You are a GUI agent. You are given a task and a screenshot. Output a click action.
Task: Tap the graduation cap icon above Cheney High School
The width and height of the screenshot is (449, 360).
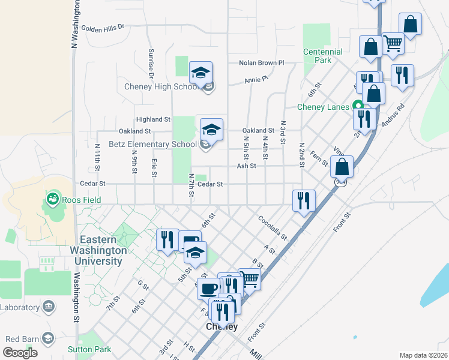click(201, 73)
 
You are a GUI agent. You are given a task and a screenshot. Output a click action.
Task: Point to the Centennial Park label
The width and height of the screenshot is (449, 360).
click(323, 56)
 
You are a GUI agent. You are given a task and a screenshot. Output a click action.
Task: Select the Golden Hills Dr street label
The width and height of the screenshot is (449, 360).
click(102, 27)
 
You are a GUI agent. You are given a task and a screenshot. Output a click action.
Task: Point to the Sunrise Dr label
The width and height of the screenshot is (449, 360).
click(151, 64)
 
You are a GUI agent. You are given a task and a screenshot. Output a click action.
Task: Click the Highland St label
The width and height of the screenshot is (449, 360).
click(154, 119)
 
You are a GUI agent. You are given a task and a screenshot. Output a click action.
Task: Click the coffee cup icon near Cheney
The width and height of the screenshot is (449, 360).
click(208, 289)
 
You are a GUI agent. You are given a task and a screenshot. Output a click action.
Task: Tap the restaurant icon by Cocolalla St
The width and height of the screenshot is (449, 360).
click(304, 200)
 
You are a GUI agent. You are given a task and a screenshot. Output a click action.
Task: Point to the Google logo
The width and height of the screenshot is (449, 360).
click(20, 353)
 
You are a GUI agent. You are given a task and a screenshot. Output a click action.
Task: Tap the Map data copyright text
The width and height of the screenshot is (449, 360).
click(423, 355)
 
